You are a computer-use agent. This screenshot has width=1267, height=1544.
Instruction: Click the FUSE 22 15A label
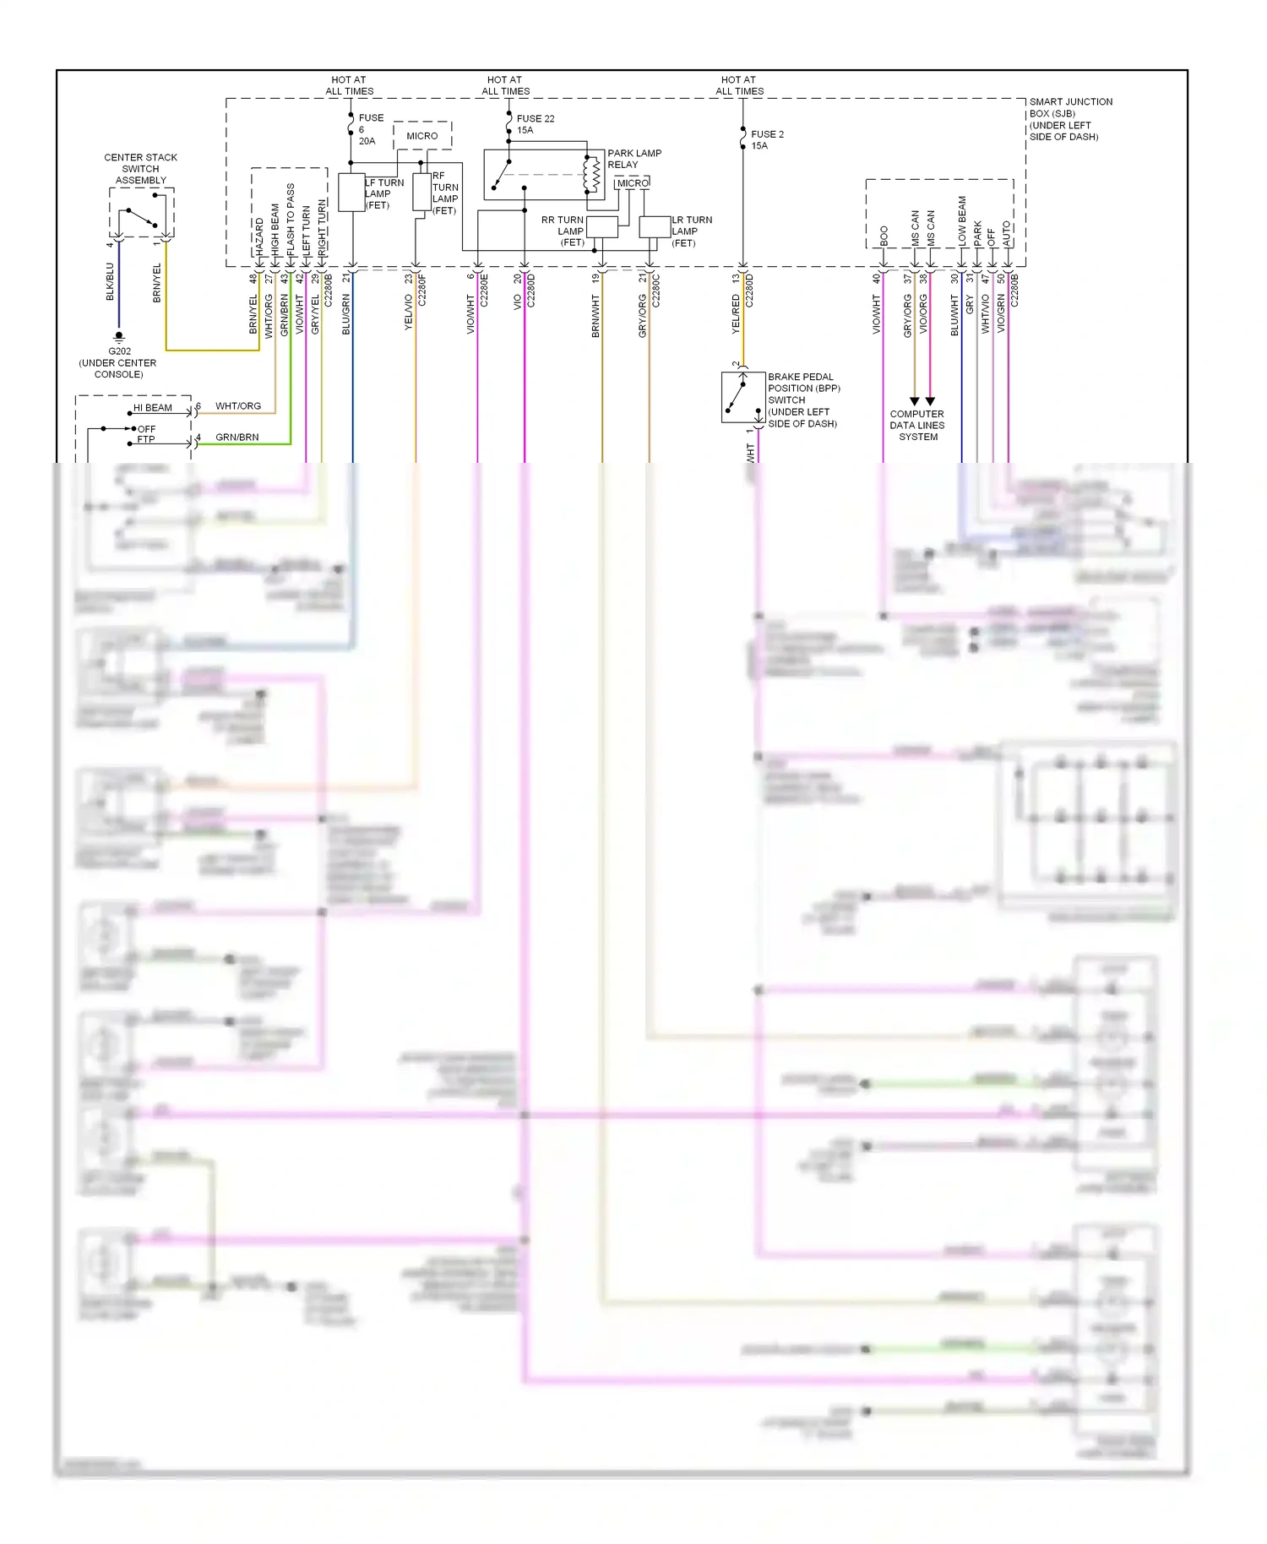[x=536, y=124]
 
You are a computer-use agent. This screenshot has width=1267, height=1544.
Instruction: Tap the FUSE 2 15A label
[x=767, y=139]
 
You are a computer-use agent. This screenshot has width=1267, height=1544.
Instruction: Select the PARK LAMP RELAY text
[x=634, y=159]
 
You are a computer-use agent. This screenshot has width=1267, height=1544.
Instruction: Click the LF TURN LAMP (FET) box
[x=351, y=193]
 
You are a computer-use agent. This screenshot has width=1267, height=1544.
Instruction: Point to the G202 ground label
[x=119, y=351]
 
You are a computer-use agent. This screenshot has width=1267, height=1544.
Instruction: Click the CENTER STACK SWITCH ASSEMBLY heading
[x=140, y=169]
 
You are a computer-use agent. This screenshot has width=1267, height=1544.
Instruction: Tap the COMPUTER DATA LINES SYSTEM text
[x=917, y=426]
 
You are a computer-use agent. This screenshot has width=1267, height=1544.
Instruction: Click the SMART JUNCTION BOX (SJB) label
[x=1069, y=119]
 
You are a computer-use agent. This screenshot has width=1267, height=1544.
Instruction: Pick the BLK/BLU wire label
[x=110, y=281]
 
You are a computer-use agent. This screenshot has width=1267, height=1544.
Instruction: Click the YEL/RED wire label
[x=736, y=313]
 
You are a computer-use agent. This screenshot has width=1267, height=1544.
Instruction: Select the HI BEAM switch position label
[x=153, y=408]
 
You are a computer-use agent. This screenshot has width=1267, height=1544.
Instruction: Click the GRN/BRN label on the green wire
[x=237, y=438]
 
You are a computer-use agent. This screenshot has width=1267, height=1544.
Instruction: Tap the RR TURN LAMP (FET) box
[x=601, y=226]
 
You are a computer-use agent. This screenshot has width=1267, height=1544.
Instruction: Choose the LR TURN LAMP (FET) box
[x=655, y=226]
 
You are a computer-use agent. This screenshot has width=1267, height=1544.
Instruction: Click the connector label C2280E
[x=485, y=290]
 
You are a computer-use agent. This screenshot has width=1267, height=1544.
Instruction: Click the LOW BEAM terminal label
[x=962, y=221]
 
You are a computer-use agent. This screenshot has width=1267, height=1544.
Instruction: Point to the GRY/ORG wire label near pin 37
[x=908, y=316]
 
